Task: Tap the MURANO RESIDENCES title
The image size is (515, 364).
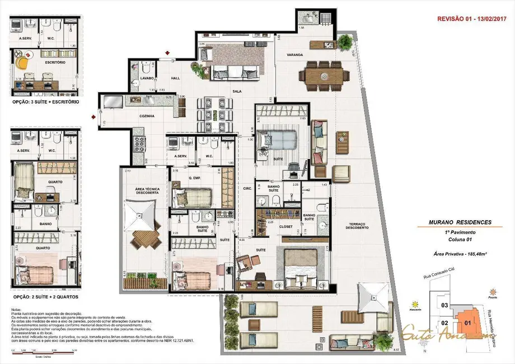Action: pyautogui.click(x=456, y=222)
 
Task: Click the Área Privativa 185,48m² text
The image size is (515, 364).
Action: pyautogui.click(x=456, y=254)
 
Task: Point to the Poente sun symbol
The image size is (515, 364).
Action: pyautogui.click(x=493, y=293)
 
